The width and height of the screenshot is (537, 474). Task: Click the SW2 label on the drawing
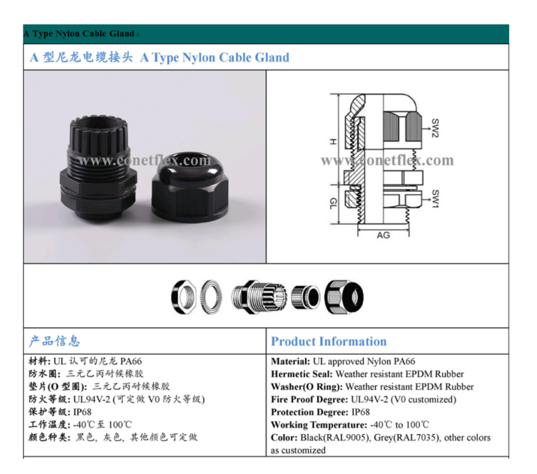(435, 128)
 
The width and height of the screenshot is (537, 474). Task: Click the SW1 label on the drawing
(435, 199)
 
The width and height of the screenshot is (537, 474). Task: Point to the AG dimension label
(383, 235)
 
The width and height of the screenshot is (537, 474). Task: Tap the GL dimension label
(333, 204)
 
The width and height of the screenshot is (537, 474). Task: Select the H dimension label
(333, 142)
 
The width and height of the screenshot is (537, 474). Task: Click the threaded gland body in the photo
(99, 168)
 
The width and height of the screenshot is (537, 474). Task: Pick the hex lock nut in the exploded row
(184, 297)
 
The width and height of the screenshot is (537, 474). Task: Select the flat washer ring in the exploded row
(211, 297)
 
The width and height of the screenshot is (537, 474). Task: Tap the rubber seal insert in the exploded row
(306, 297)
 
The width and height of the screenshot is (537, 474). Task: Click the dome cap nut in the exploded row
(344, 297)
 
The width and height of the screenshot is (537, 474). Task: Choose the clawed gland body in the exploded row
(259, 297)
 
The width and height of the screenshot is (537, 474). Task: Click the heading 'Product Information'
(329, 341)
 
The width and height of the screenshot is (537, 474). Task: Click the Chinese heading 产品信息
(54, 341)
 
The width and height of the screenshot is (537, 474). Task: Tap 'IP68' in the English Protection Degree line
(360, 412)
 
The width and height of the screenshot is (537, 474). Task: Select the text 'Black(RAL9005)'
(336, 438)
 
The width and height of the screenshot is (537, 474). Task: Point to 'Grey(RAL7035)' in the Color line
(407, 438)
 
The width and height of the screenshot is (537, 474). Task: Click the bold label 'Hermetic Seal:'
(302, 374)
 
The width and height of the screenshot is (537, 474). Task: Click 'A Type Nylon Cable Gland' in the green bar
(79, 34)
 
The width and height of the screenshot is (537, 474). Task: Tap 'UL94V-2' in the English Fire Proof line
(369, 400)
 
